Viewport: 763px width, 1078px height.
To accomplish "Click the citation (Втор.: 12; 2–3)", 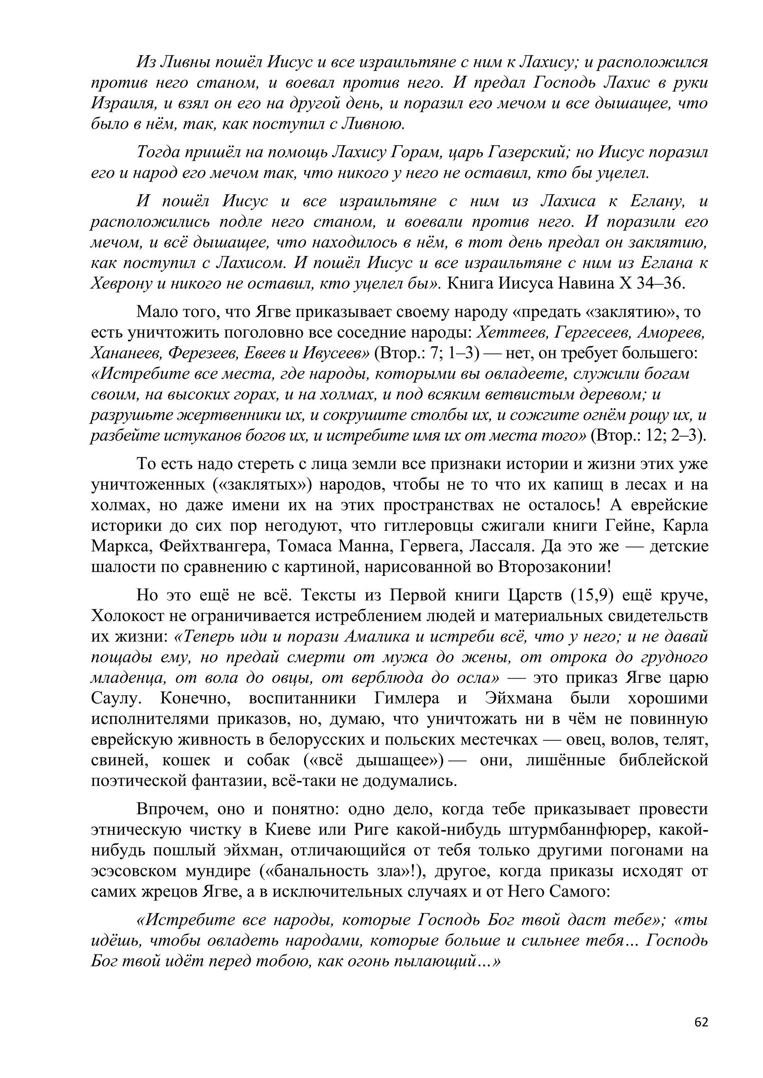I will tap(649, 436).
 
